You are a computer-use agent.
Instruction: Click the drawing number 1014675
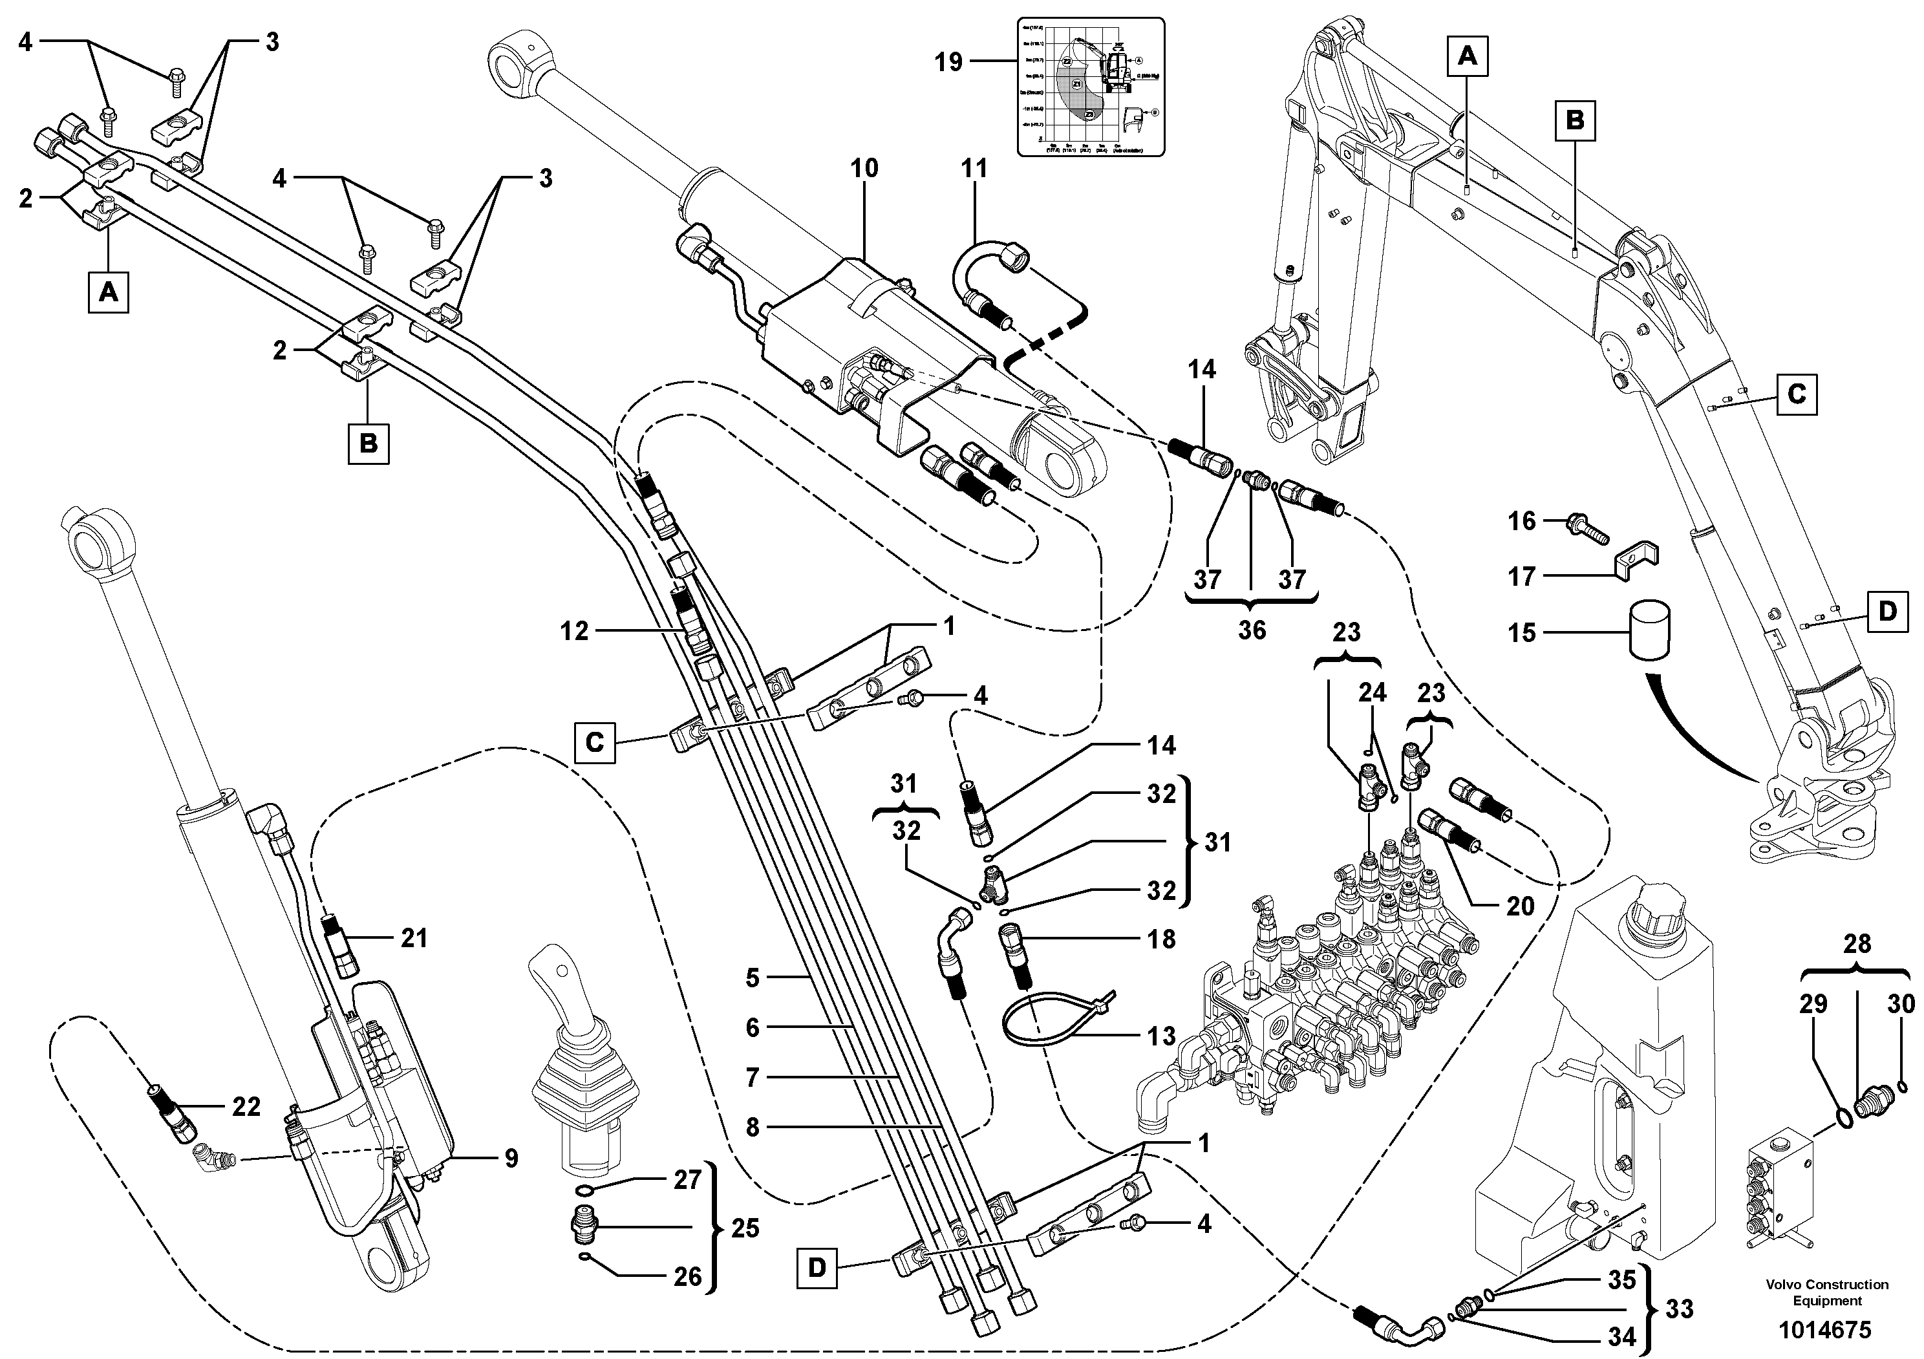click(x=1826, y=1331)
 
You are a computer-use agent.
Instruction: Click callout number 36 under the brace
click(x=1252, y=630)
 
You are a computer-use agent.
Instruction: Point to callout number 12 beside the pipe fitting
click(x=575, y=631)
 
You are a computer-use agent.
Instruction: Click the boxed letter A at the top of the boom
click(x=1466, y=56)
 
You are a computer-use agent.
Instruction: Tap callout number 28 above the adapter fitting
click(x=1857, y=945)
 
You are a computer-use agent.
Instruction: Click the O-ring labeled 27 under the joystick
click(x=588, y=1192)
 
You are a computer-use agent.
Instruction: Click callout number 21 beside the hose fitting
click(x=414, y=938)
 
